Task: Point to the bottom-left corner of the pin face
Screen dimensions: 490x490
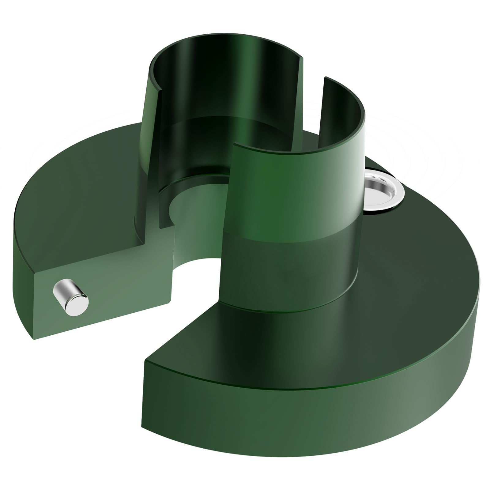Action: point(32,338)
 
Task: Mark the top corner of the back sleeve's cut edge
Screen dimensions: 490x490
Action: point(303,57)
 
